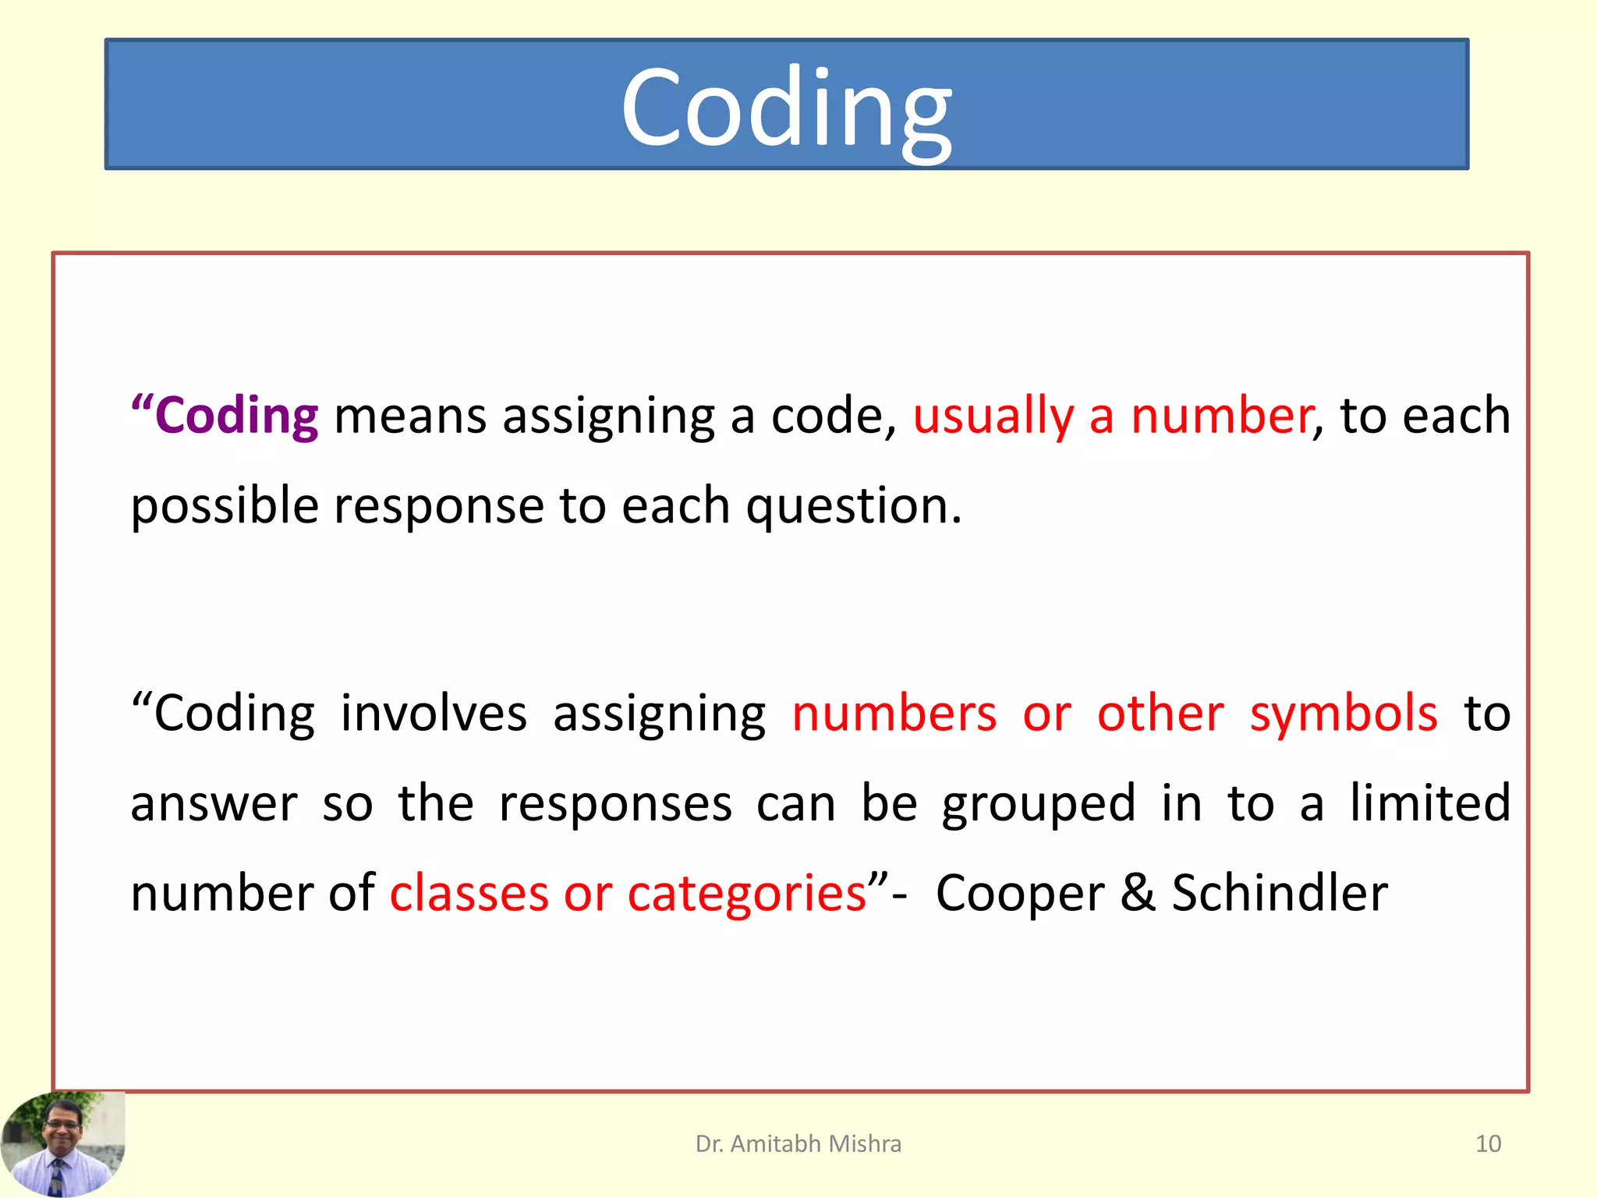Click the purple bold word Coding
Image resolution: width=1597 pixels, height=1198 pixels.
pos(235,416)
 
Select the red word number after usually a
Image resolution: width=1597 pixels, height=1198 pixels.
pos(1221,415)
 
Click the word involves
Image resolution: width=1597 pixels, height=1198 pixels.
pos(434,714)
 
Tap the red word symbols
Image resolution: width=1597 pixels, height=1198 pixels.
pos(1344,714)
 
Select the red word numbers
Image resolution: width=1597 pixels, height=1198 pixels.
pos(894,714)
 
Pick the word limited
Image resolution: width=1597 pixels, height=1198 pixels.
pos(1430,803)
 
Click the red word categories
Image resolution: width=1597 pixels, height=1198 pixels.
pos(746,895)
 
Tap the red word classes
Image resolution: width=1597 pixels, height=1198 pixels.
pos(469,894)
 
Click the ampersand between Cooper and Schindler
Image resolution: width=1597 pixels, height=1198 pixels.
pos(1138,893)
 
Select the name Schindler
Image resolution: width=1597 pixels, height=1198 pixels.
pos(1280,893)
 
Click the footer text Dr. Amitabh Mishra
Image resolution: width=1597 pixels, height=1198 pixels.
pos(798,1143)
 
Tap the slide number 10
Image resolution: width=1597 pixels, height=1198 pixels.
pos(1488,1143)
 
